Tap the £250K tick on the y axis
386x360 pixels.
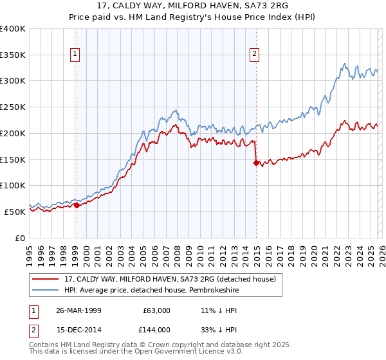click(x=13, y=107)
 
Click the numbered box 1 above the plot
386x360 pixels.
click(x=76, y=55)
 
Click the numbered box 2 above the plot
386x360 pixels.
click(x=255, y=55)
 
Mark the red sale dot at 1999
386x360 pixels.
click(x=77, y=206)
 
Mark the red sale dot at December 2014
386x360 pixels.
click(x=256, y=163)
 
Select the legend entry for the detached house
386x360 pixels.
click(x=170, y=279)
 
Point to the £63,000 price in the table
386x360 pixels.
click(x=156, y=310)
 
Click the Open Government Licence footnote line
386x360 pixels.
click(x=136, y=352)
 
